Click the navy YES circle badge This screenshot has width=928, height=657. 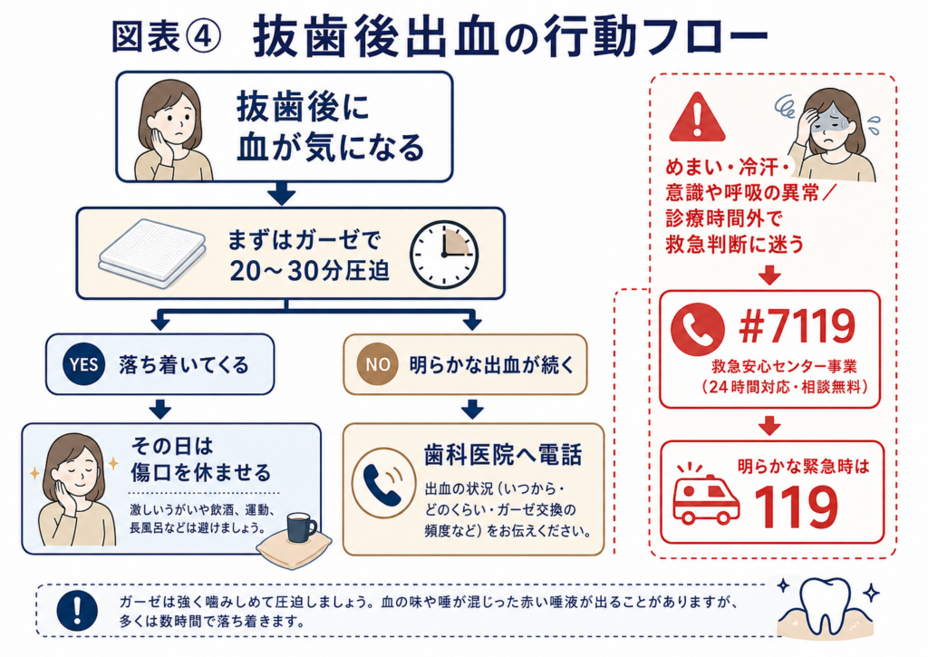(x=84, y=364)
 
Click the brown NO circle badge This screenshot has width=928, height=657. (x=378, y=364)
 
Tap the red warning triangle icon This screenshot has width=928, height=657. (x=697, y=117)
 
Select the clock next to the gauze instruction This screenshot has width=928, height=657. (x=444, y=255)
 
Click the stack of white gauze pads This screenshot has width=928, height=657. (x=152, y=254)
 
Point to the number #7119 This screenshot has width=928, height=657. (x=797, y=326)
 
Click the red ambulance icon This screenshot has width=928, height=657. (x=706, y=495)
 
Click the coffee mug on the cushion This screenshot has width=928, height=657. (x=301, y=527)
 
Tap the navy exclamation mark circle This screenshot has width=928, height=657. (x=78, y=612)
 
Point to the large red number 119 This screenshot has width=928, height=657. (x=797, y=507)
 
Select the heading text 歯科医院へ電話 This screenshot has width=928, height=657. (x=503, y=455)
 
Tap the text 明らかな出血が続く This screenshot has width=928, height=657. (x=492, y=364)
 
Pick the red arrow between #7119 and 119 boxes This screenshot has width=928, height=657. (x=769, y=425)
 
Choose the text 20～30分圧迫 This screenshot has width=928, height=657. (x=310, y=270)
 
